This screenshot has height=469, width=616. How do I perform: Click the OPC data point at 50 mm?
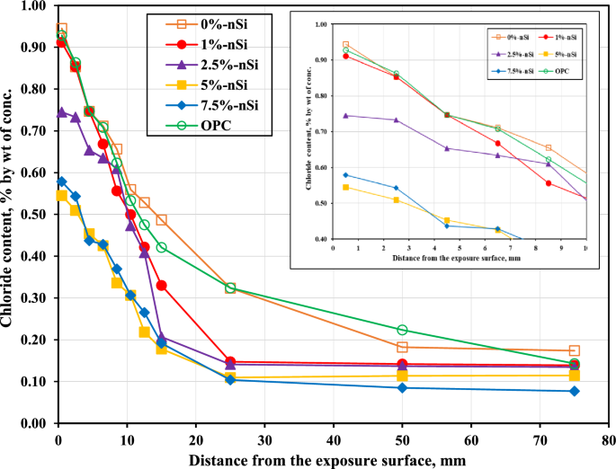coord(402,331)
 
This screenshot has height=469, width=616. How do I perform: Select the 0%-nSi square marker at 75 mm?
coord(574,350)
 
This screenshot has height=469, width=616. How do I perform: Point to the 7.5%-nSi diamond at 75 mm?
coord(574,391)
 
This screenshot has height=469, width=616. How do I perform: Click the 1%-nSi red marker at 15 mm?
coord(162,286)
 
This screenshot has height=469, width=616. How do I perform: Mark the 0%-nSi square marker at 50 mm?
coord(402,347)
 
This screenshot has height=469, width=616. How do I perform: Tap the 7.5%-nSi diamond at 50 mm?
coord(402,388)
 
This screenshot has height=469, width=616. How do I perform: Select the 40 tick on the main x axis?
coord(334,438)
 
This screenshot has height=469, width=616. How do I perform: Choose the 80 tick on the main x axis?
coord(608,438)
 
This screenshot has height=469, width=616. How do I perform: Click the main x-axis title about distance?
coord(333,459)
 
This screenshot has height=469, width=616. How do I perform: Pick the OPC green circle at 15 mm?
coord(162,247)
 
